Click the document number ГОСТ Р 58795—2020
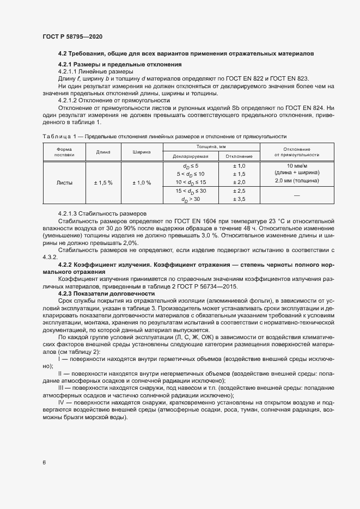pyautogui.click(x=72, y=36)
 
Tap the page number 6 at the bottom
pyautogui.click(x=44, y=463)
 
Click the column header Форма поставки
pyautogui.click(x=63, y=152)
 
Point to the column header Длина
pyautogui.click(x=103, y=152)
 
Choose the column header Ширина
pyautogui.click(x=141, y=152)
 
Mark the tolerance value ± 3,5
pyautogui.click(x=239, y=200)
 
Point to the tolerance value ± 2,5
pyautogui.click(x=239, y=192)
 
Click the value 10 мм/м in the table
pyautogui.click(x=297, y=165)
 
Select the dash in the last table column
pyautogui.click(x=297, y=195)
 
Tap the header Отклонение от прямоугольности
pyautogui.click(x=297, y=152)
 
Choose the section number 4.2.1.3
pyautogui.click(x=69, y=213)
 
